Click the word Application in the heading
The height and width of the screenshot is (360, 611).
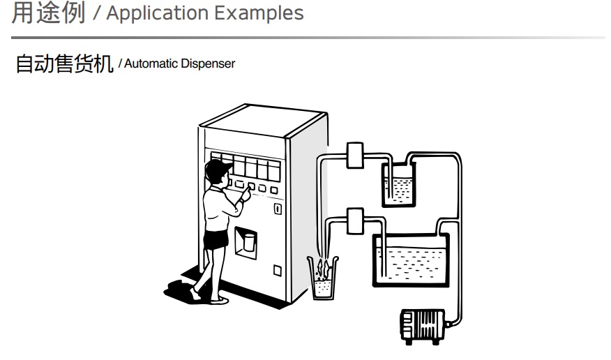149,13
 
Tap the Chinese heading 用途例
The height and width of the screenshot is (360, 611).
49,13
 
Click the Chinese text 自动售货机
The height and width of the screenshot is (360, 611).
64,64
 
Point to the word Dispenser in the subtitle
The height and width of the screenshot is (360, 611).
208,64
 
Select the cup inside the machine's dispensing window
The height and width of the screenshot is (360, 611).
246,243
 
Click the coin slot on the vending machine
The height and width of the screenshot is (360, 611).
277,208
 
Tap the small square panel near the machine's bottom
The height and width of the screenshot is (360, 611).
277,270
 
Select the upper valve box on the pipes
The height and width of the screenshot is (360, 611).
354,155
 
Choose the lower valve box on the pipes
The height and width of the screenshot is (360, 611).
354,220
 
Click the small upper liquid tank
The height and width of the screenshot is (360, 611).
399,183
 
